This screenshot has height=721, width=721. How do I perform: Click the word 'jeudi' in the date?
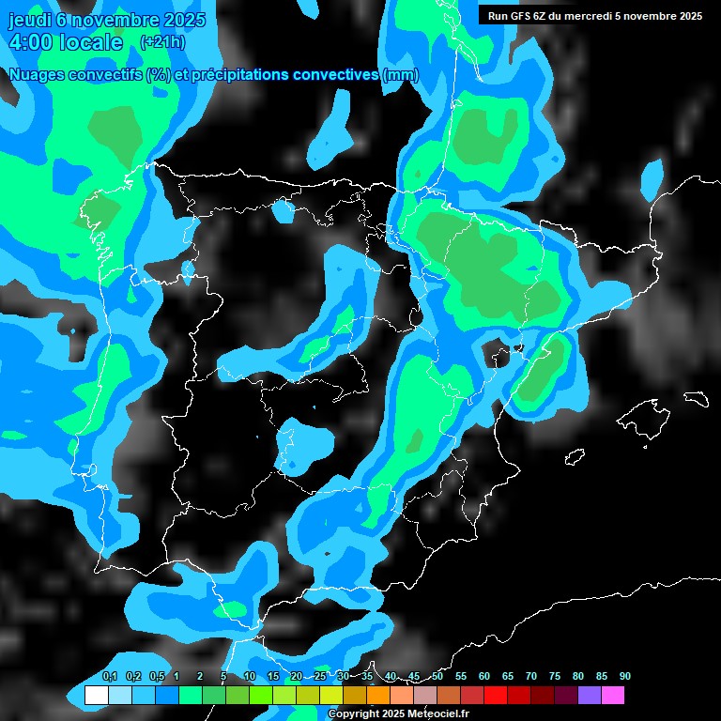28,20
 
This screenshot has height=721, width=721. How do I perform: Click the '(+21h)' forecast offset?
161,42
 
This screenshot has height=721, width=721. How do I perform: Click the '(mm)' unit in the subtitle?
401,75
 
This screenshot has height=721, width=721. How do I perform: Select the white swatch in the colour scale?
96,695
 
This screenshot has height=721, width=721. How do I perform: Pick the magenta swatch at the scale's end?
612,695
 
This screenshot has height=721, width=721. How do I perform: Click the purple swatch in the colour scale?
589,695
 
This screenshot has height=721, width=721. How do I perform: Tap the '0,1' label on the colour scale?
109,677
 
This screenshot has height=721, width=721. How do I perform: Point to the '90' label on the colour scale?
624,677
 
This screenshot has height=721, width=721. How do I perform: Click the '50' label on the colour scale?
437,677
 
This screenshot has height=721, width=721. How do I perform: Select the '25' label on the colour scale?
320,677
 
